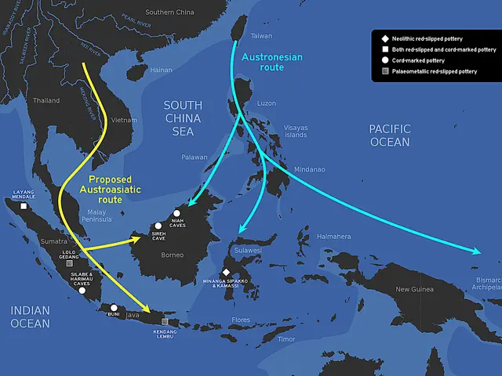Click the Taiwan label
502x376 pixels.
pos(261,36)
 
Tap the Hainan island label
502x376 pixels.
pos(161,70)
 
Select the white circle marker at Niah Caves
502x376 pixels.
pos(177,213)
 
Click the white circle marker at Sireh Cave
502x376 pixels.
pos(158,226)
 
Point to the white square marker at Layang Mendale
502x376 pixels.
pos(24,207)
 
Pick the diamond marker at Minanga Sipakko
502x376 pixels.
pos(226,272)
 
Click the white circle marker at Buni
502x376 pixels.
pos(114,307)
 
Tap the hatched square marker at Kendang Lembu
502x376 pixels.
pos(164,321)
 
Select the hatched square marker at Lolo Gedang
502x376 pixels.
pos(69,262)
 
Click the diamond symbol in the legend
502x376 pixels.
pos(384,38)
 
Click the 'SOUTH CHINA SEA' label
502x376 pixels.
pos(183,118)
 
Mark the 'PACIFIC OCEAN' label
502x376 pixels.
pos(390,135)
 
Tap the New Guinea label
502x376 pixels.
pos(414,289)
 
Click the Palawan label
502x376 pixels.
pos(194,157)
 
